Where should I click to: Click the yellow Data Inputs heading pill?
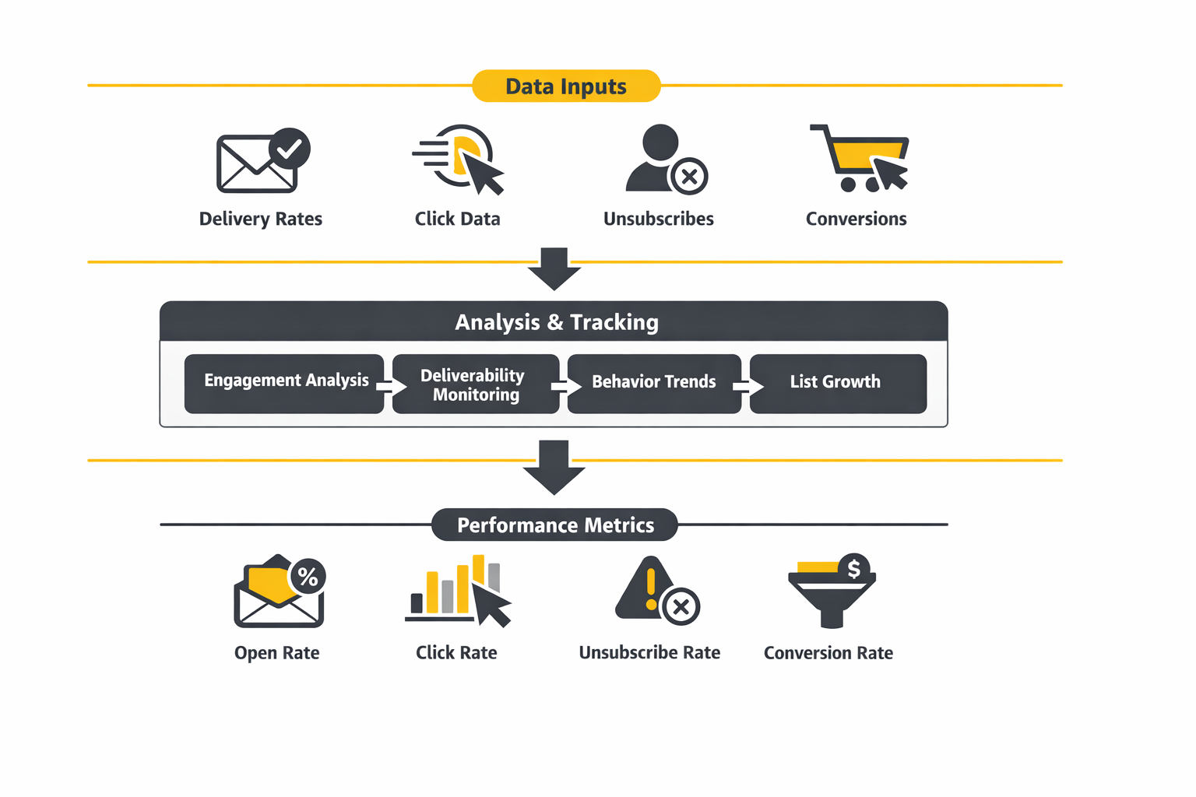click(566, 86)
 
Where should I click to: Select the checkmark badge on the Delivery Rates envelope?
click(290, 149)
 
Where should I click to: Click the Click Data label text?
click(457, 219)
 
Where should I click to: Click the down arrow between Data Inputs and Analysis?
click(554, 269)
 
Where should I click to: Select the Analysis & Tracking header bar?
click(554, 321)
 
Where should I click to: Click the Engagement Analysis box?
click(284, 383)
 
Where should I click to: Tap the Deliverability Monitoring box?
click(476, 384)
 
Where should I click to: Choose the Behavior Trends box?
click(654, 383)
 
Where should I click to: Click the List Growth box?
click(838, 383)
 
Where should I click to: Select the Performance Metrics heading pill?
click(554, 525)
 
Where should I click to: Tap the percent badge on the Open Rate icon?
click(308, 577)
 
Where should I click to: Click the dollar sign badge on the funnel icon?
click(853, 569)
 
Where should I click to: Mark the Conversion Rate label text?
click(828, 653)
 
